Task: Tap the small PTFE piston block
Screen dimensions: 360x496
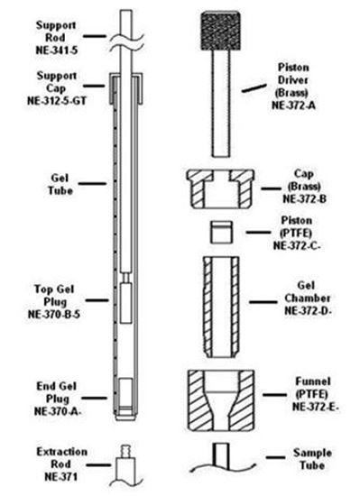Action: (221, 232)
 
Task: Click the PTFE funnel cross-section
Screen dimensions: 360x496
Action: (221, 403)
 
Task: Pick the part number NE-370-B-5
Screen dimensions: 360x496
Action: (50, 316)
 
